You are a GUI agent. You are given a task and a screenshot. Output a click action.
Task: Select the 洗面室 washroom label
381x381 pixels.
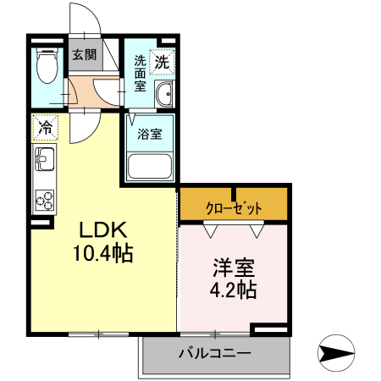click(140, 73)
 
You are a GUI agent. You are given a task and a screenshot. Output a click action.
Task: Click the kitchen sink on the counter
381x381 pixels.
click(43, 158)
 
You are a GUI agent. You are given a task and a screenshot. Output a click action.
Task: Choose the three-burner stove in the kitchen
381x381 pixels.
click(43, 200)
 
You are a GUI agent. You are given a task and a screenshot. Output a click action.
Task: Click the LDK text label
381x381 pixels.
click(103, 230)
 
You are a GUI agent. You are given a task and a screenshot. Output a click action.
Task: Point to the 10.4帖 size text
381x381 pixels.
click(103, 253)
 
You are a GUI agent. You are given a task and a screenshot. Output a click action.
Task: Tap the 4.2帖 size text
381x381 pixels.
click(234, 291)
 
